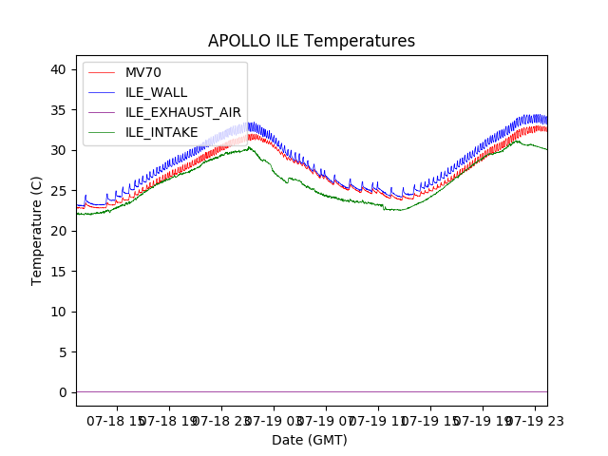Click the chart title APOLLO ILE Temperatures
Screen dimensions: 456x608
point(312,42)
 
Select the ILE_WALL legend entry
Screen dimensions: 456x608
point(156,92)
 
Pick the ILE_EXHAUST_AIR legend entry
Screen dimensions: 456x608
point(182,112)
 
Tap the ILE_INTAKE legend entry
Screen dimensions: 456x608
point(161,132)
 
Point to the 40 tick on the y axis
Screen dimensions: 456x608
point(59,69)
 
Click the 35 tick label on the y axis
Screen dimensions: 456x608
point(59,110)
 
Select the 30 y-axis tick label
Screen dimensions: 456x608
point(59,150)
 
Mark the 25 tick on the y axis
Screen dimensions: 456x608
point(59,191)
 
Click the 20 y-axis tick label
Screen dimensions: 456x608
point(59,231)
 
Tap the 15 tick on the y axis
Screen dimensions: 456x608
point(59,272)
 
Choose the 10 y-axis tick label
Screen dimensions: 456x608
point(59,312)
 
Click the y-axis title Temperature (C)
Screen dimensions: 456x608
point(37,230)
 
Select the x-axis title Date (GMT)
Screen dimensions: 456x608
point(310,440)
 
